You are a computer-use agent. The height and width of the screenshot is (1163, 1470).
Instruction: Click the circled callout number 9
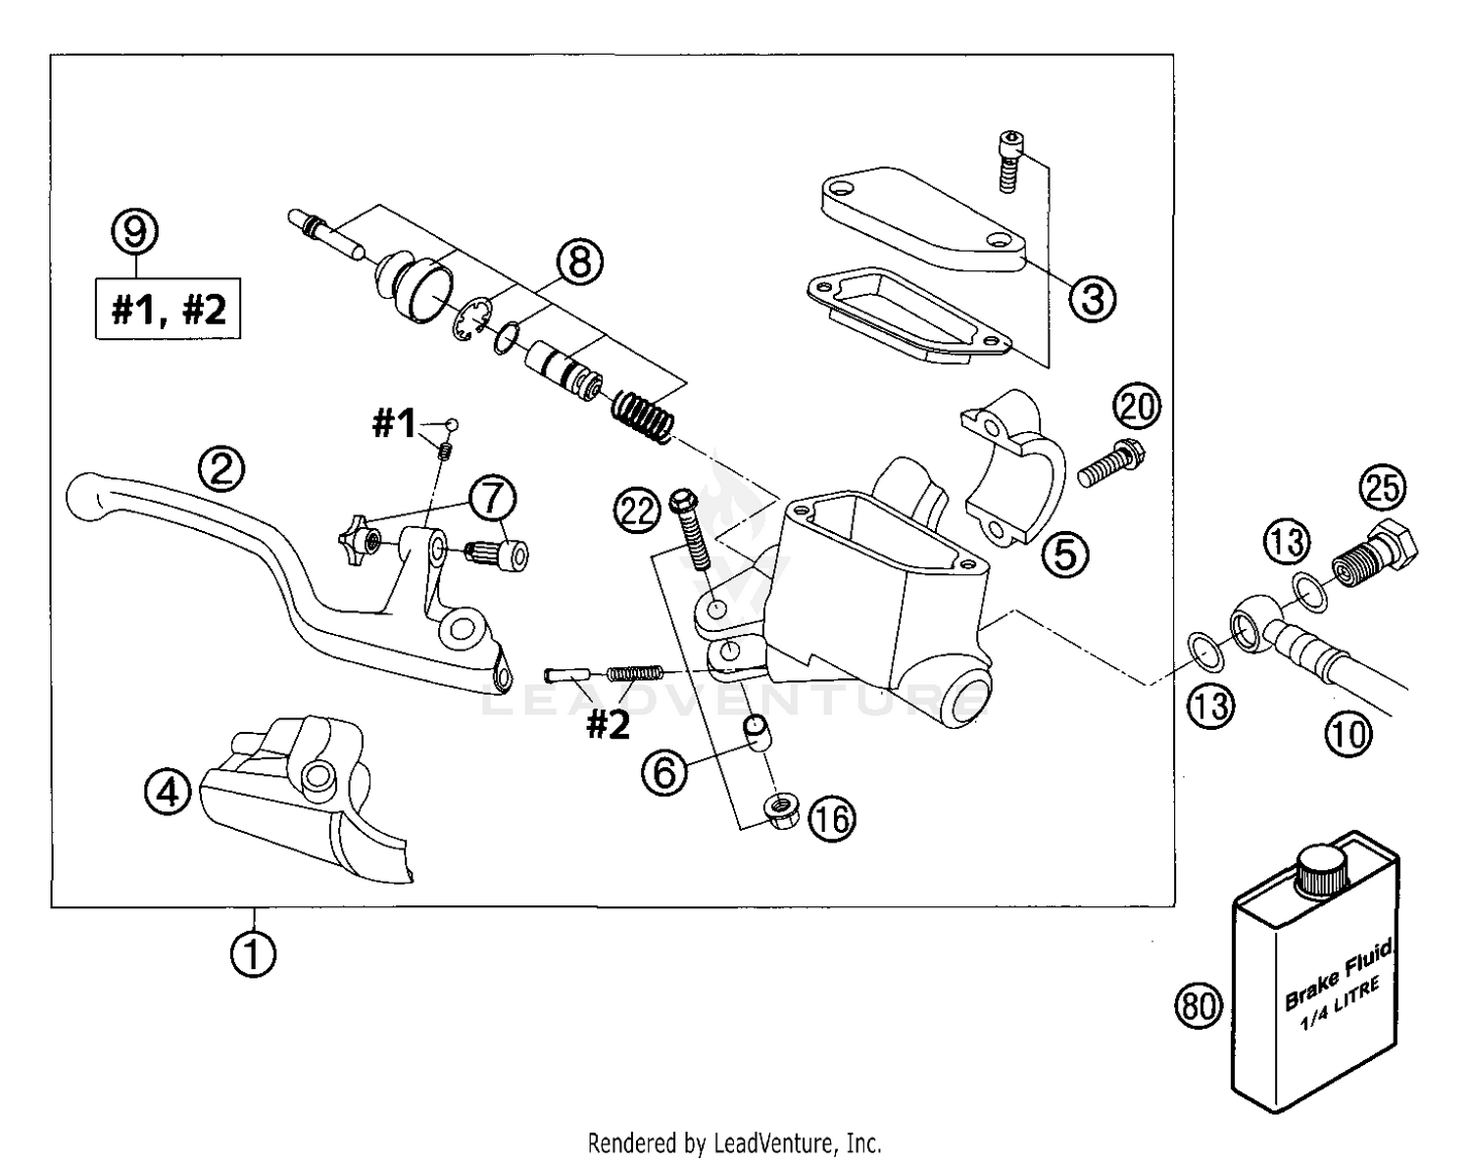coord(135,232)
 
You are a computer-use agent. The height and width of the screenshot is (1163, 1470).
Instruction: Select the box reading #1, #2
coord(168,310)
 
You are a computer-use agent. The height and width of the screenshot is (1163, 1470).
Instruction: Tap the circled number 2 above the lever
coord(222,469)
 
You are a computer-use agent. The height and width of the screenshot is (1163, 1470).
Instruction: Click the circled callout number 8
coord(580,263)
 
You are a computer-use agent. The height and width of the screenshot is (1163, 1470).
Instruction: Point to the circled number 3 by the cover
coord(1093,297)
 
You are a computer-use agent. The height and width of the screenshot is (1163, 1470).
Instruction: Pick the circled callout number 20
coord(1137,407)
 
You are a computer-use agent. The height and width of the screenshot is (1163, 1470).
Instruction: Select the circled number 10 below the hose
coord(1349,732)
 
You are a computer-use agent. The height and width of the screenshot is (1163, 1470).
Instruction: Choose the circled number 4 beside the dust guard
coord(169,791)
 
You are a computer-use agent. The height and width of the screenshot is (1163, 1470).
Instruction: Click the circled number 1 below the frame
coord(253,953)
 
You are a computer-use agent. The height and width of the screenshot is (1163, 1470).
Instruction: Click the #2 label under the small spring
coord(608,725)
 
